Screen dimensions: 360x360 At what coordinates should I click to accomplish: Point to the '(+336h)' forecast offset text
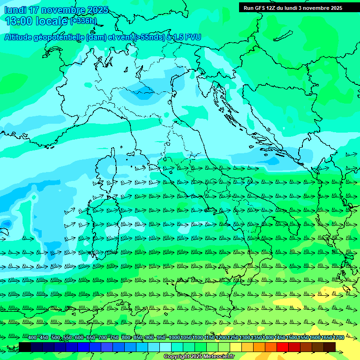[83, 21]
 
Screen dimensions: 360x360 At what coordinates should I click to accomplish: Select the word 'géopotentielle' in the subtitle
[60, 37]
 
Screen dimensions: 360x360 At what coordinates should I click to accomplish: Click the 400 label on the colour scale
[32, 338]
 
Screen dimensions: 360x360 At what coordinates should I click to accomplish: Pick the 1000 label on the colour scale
[174, 338]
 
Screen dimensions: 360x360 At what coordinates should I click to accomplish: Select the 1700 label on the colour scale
[338, 338]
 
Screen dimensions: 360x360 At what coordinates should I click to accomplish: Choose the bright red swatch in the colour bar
[283, 347]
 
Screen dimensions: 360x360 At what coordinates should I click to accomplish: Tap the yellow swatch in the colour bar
[236, 347]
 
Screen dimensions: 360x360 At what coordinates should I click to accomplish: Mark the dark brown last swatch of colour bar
[330, 347]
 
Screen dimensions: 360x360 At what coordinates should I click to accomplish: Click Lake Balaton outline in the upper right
[281, 36]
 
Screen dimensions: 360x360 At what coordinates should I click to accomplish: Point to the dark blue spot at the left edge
[6, 224]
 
